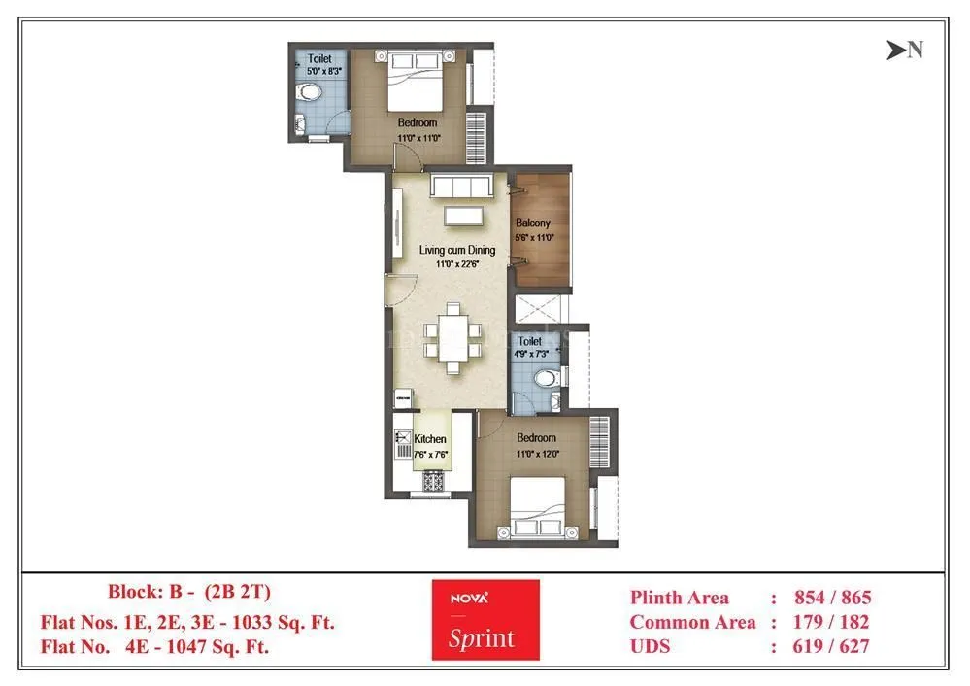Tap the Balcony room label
coord(533,223)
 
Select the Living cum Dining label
coord(456,250)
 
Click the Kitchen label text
coord(430,439)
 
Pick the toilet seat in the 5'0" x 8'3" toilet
coord(309,93)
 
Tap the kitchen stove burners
coord(433,479)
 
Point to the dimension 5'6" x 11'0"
coord(533,236)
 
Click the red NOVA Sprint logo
coord(485,620)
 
